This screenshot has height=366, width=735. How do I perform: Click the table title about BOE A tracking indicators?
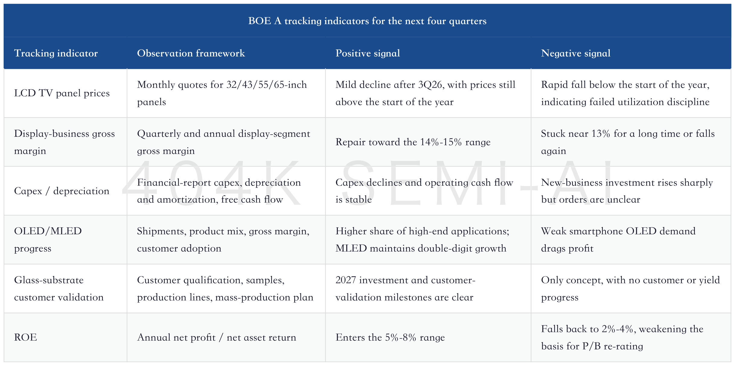click(367, 21)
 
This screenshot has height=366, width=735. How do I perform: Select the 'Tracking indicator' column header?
click(56, 53)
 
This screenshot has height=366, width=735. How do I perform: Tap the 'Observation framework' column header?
click(191, 53)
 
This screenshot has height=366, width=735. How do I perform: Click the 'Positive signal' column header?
click(368, 53)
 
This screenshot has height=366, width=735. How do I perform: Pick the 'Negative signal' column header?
click(576, 53)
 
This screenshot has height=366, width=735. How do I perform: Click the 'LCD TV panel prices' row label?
click(62, 93)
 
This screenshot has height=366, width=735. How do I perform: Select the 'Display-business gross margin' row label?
click(64, 142)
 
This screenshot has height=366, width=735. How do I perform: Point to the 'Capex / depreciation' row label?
click(62, 191)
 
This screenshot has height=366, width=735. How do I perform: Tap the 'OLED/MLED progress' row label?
click(48, 239)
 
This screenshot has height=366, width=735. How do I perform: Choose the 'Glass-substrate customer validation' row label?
click(59, 288)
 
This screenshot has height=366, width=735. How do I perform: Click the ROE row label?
click(26, 337)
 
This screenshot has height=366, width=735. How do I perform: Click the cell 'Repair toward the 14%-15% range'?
click(413, 142)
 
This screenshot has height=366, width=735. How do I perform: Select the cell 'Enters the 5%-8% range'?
click(390, 337)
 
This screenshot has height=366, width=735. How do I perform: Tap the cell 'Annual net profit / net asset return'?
click(216, 337)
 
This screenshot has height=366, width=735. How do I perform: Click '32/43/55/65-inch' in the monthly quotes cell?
click(267, 85)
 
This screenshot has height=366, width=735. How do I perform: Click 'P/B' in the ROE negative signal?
click(592, 346)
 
